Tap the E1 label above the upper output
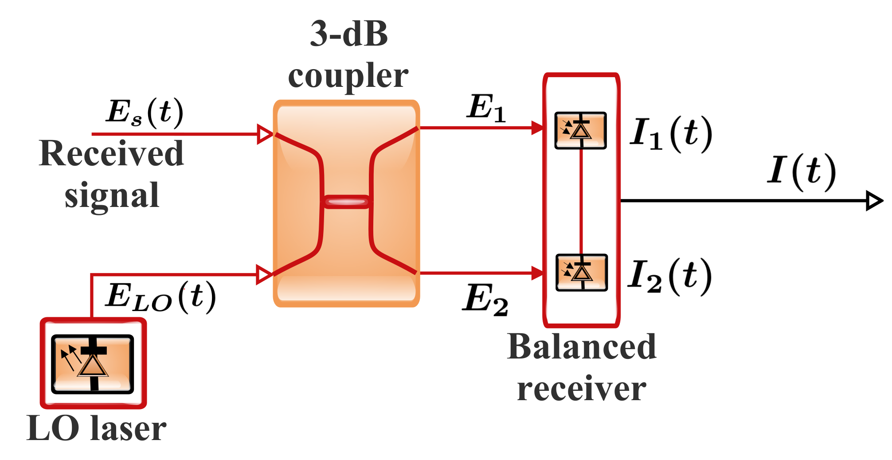(486, 108)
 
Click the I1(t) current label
(671, 134)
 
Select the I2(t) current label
(669, 276)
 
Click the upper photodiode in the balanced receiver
(580, 130)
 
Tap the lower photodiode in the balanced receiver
(581, 273)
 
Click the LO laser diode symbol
(93, 364)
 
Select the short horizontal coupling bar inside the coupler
(346, 202)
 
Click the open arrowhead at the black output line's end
(874, 201)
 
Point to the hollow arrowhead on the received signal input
(265, 134)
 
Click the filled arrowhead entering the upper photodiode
(537, 128)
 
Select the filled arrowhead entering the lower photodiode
(537, 273)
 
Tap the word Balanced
(581, 347)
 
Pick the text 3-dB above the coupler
(348, 34)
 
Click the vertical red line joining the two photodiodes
(581, 202)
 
